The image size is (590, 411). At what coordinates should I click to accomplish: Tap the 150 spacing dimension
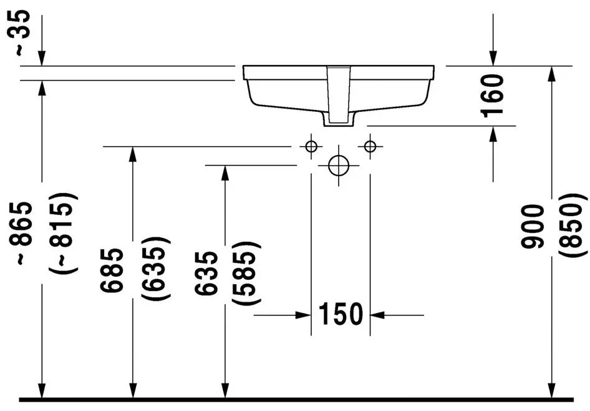(x=341, y=314)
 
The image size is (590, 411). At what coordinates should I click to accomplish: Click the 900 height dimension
(x=533, y=226)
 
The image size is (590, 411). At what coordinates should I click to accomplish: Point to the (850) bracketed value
(x=573, y=225)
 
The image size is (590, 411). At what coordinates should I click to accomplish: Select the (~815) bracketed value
(x=63, y=232)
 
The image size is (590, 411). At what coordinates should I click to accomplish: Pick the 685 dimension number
(x=112, y=270)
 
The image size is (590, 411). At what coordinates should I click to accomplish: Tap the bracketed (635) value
(x=156, y=268)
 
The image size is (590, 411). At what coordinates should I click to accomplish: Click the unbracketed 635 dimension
(x=206, y=273)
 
